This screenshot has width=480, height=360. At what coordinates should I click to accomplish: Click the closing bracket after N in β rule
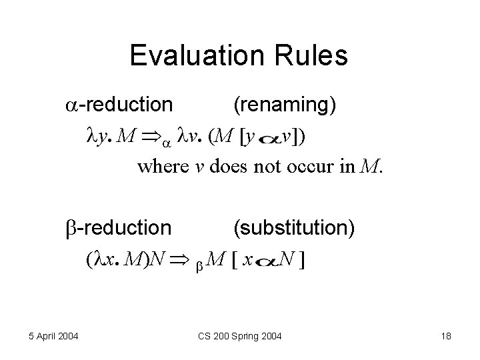tap(303, 261)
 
